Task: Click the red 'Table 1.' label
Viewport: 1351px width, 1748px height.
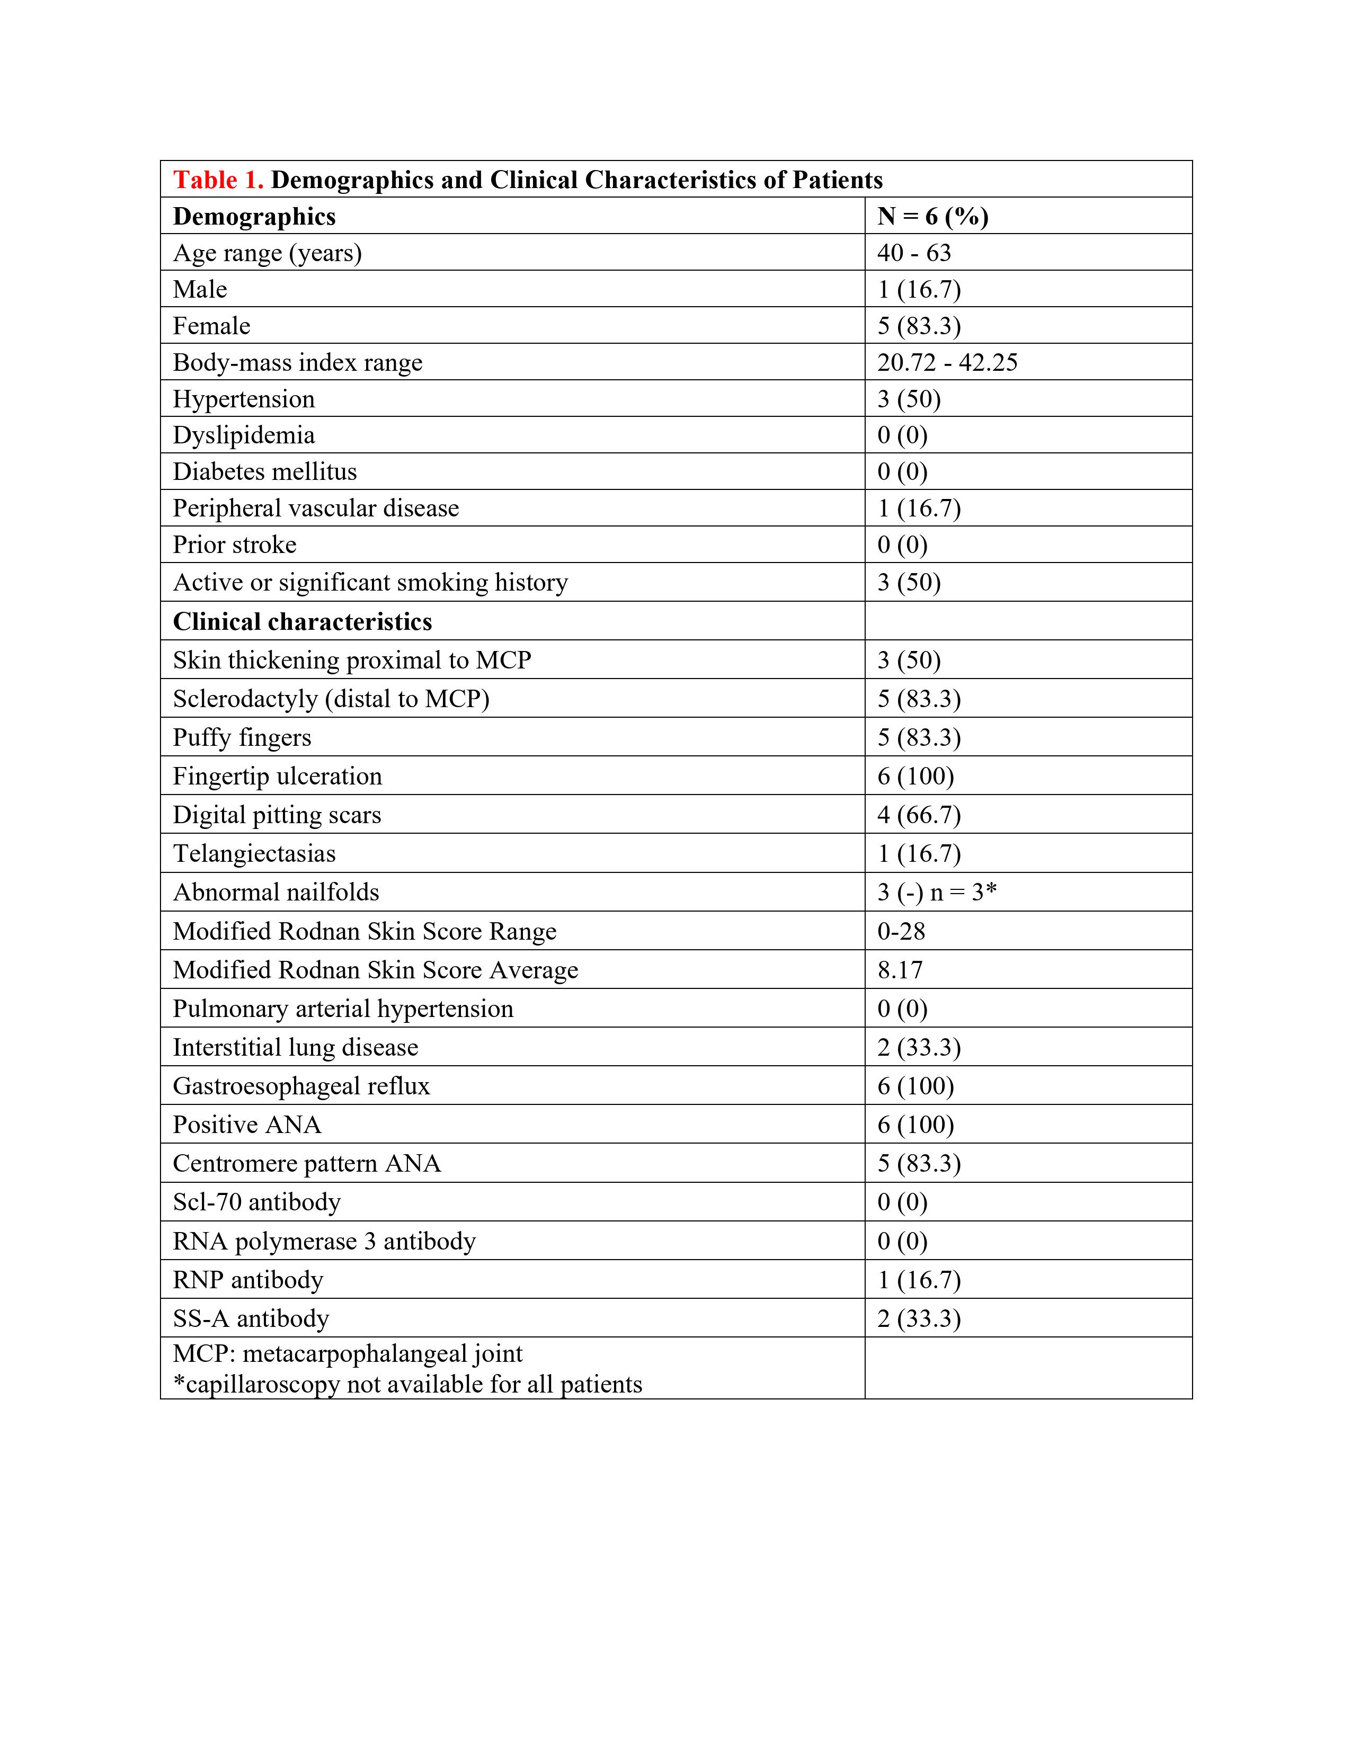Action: (218, 180)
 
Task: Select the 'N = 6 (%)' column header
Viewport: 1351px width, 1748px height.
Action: (932, 216)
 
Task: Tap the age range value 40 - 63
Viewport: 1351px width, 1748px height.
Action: (914, 253)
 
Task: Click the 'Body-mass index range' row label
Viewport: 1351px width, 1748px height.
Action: (297, 362)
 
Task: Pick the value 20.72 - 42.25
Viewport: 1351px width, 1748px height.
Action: (947, 362)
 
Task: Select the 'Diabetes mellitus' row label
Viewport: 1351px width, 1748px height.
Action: (264, 471)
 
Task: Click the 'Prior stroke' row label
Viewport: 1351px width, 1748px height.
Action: (235, 545)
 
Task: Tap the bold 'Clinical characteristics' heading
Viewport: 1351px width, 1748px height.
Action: (302, 622)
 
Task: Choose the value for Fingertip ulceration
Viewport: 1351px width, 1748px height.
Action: (916, 777)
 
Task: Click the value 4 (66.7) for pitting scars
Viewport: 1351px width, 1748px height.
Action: (919, 815)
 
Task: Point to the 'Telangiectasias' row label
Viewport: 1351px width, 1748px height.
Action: (254, 854)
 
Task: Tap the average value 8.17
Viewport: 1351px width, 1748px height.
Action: (900, 970)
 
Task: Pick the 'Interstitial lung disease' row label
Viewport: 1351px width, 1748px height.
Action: (295, 1048)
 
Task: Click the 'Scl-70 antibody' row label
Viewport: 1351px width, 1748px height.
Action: (256, 1202)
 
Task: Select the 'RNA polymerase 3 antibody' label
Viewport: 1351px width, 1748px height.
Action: (324, 1242)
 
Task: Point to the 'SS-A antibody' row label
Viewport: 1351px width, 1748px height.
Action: (251, 1319)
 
